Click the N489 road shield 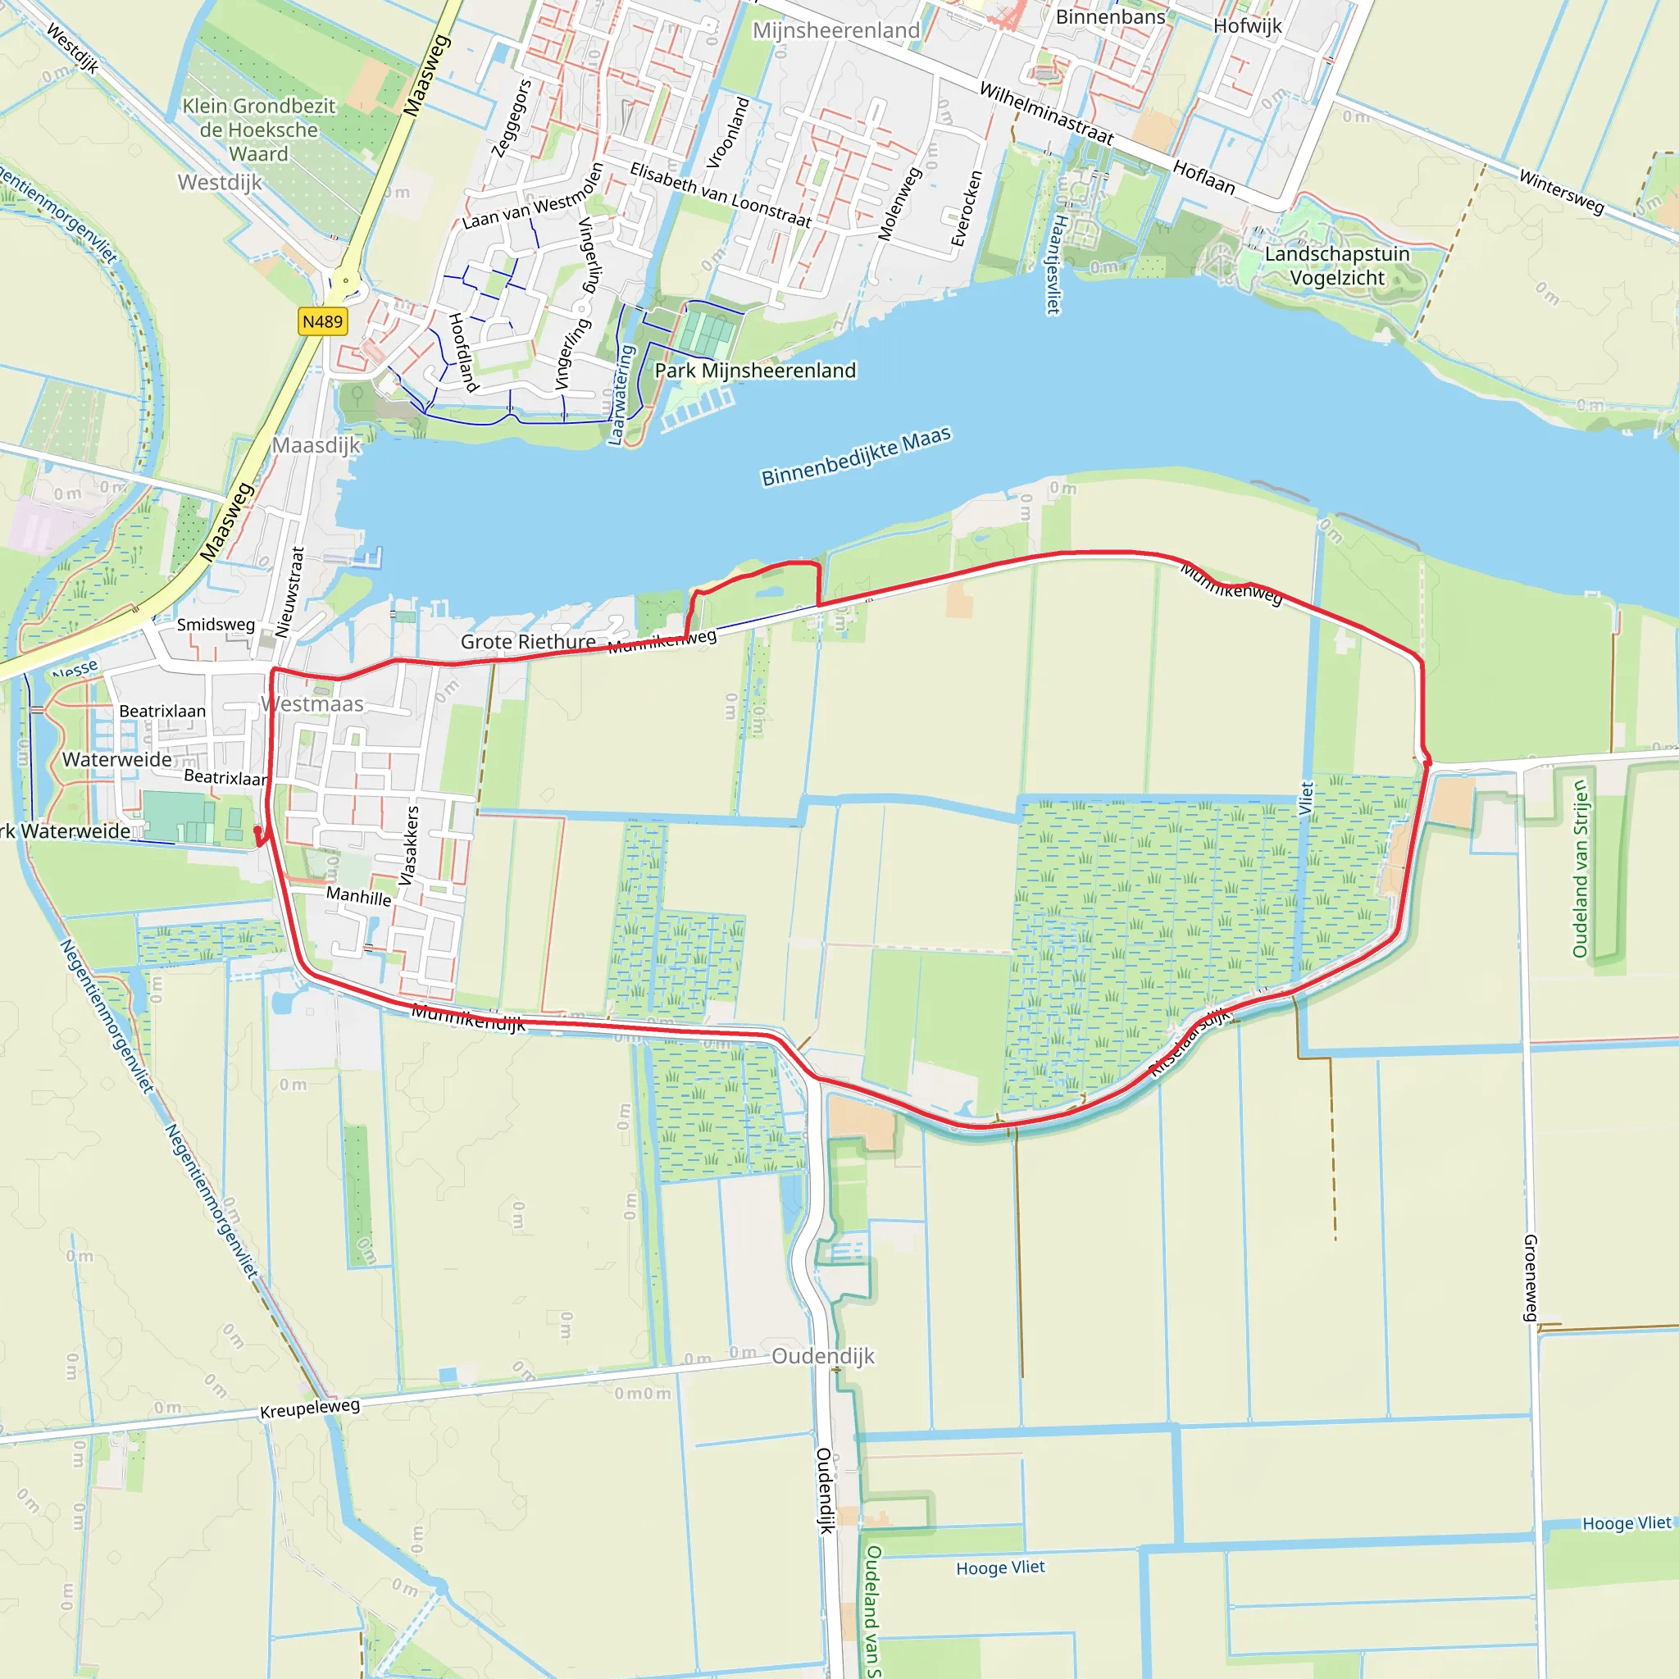coord(322,321)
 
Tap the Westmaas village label coord(312,704)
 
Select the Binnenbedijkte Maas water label coord(856,457)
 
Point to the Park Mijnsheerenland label coord(755,371)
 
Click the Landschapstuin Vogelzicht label coord(1336,266)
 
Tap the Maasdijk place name coord(316,445)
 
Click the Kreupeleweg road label coord(310,1408)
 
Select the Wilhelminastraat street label coord(1046,114)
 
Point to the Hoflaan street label coord(1204,177)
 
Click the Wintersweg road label coord(1561,191)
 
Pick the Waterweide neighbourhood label coord(117,759)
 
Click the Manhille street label coord(359,896)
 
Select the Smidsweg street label coord(216,624)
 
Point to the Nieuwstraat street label coord(289,592)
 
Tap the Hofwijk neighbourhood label coord(1247,26)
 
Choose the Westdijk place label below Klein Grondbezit coord(220,183)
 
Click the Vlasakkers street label coord(408,845)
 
